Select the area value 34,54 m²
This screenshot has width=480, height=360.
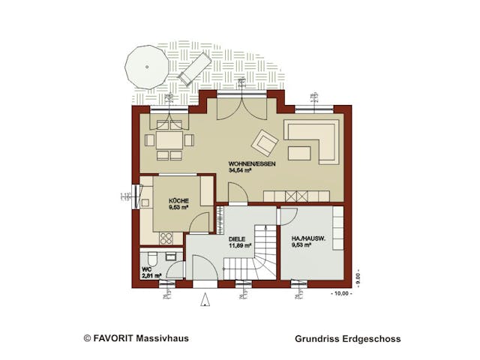(x=240, y=170)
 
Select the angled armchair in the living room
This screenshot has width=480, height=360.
(x=264, y=140)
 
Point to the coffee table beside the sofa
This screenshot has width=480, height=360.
(x=299, y=153)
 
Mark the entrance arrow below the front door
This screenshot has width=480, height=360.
(x=205, y=299)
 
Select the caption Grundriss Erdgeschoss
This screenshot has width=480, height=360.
(x=348, y=339)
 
